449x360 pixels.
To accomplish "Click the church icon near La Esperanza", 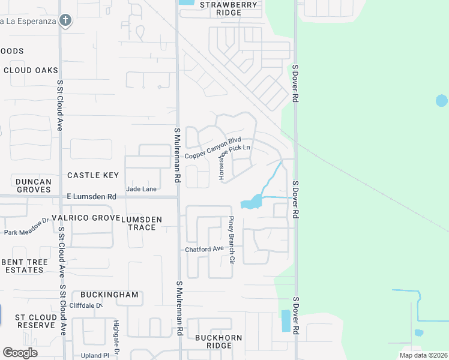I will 65,20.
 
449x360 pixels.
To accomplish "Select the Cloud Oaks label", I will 31,70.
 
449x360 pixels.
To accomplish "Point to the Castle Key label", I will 93,175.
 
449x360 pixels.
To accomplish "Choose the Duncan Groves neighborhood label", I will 34,185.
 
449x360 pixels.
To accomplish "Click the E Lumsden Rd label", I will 92,197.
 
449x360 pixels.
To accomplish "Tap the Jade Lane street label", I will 141,189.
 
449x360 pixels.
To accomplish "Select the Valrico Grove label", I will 82,218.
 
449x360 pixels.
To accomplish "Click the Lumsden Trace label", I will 142,223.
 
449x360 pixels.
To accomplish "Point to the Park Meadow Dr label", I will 26,229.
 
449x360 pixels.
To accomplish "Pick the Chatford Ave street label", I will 204,248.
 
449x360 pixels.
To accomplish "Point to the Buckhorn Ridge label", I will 218,341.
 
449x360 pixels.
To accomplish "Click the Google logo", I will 20,353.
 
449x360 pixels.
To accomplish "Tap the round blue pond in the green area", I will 442,101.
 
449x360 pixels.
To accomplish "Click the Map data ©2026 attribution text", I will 423,355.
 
